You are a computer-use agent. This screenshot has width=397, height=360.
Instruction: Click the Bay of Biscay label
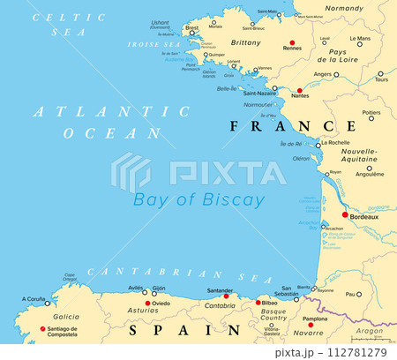(199, 199)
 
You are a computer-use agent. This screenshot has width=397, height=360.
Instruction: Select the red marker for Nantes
(299, 91)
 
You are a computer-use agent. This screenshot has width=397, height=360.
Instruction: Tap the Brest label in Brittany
(191, 27)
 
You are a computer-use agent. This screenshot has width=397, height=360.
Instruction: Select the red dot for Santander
(225, 296)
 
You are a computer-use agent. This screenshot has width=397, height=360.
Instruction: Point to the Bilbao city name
(269, 303)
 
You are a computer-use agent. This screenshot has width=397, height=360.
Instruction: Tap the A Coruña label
(34, 298)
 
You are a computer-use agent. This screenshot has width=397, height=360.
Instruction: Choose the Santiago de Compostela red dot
(42, 329)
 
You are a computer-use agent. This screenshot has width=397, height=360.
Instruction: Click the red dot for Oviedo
(146, 304)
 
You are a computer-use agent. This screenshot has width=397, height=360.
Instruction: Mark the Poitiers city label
(371, 112)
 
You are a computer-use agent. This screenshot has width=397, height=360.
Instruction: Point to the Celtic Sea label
(71, 24)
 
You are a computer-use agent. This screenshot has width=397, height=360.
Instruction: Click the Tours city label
(380, 79)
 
